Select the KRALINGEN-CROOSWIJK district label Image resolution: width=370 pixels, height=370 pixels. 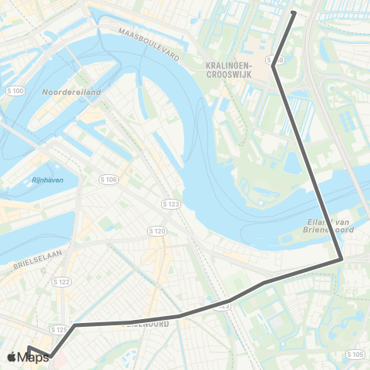[236, 70]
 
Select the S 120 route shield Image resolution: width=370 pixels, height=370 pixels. [157, 230]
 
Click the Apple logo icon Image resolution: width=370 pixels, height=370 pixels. [12, 356]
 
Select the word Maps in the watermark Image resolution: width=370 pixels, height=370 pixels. [35, 356]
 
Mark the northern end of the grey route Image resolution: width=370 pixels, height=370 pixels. [294, 12]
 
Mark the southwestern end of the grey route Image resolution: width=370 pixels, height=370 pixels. [30, 348]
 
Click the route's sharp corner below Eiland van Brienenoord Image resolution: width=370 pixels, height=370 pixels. [340, 261]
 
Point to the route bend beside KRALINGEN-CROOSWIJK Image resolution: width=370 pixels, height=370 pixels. [274, 66]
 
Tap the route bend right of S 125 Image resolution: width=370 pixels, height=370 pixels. [76, 325]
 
